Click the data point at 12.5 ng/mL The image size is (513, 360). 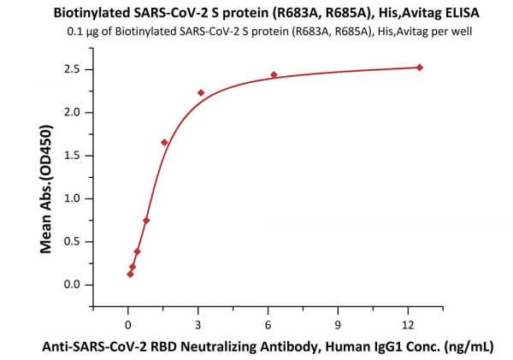(x=420, y=68)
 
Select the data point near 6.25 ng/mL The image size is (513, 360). (x=274, y=74)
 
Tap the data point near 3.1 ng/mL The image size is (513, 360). (x=201, y=92)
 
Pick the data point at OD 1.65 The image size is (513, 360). (x=164, y=142)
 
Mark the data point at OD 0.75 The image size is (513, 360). (x=146, y=220)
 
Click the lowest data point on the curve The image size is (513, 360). (x=130, y=274)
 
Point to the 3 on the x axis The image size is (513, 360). (x=198, y=324)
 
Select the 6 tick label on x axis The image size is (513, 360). (x=268, y=324)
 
